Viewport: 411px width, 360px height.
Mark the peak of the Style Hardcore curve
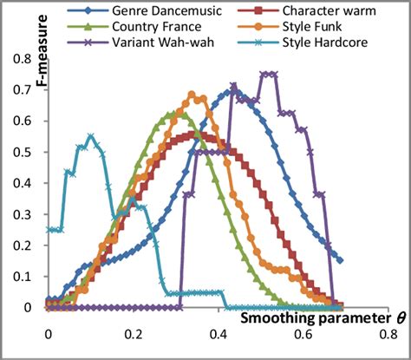pos(91,136)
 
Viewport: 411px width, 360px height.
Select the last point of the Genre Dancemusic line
pos(340,260)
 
